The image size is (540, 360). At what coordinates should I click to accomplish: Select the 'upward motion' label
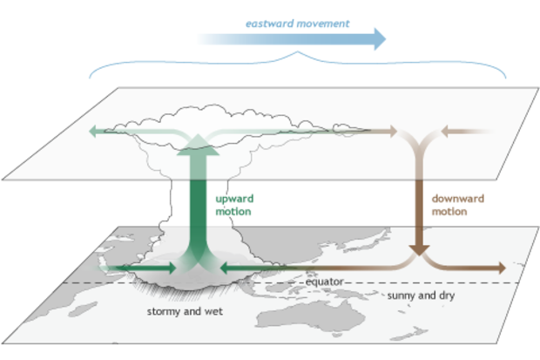coord(233,205)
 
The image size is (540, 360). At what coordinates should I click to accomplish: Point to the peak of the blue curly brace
coord(299,55)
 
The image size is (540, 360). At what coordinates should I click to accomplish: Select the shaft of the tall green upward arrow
coord(198,209)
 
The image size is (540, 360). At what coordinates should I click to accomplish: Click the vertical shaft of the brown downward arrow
coord(421,205)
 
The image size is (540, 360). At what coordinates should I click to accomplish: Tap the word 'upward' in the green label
coord(233,200)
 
